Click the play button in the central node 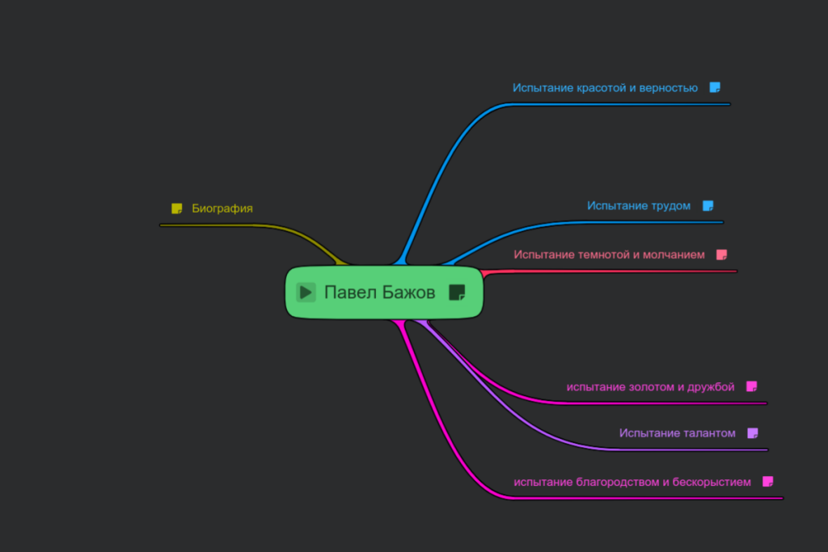tap(306, 293)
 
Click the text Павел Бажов tap(380, 293)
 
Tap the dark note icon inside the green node tap(457, 293)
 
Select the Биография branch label tap(222, 209)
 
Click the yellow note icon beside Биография tap(177, 209)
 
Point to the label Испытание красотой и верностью tap(605, 88)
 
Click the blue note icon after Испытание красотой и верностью tap(715, 87)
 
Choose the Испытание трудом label tap(639, 206)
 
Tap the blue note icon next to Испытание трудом tap(708, 206)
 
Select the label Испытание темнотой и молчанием tap(610, 255)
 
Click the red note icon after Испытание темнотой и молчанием tap(722, 255)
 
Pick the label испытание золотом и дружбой tap(651, 387)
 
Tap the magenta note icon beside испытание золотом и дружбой tap(752, 387)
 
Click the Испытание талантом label tap(678, 433)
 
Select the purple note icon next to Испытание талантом tap(753, 433)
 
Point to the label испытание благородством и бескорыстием tap(632, 482)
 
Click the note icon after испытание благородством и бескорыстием tap(768, 482)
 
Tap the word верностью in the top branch tap(669, 88)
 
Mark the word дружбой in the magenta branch tap(711, 387)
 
